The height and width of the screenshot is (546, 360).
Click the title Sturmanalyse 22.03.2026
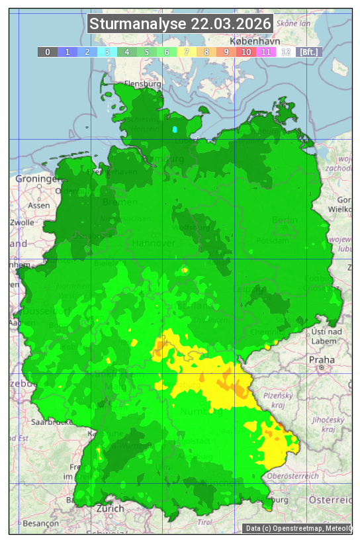180,24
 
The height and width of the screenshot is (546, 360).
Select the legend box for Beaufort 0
48,52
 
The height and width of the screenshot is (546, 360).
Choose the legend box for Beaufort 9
226,52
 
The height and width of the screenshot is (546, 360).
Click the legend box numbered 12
286,52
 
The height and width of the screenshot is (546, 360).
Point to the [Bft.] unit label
308,52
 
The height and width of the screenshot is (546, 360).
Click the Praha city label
322,360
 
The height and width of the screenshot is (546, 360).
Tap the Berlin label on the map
285,220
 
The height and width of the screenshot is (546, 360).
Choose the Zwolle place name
22,222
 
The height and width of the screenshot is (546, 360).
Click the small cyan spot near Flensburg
175,129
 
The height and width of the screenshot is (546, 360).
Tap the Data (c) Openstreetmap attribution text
298,528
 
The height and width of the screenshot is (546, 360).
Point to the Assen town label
39,205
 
